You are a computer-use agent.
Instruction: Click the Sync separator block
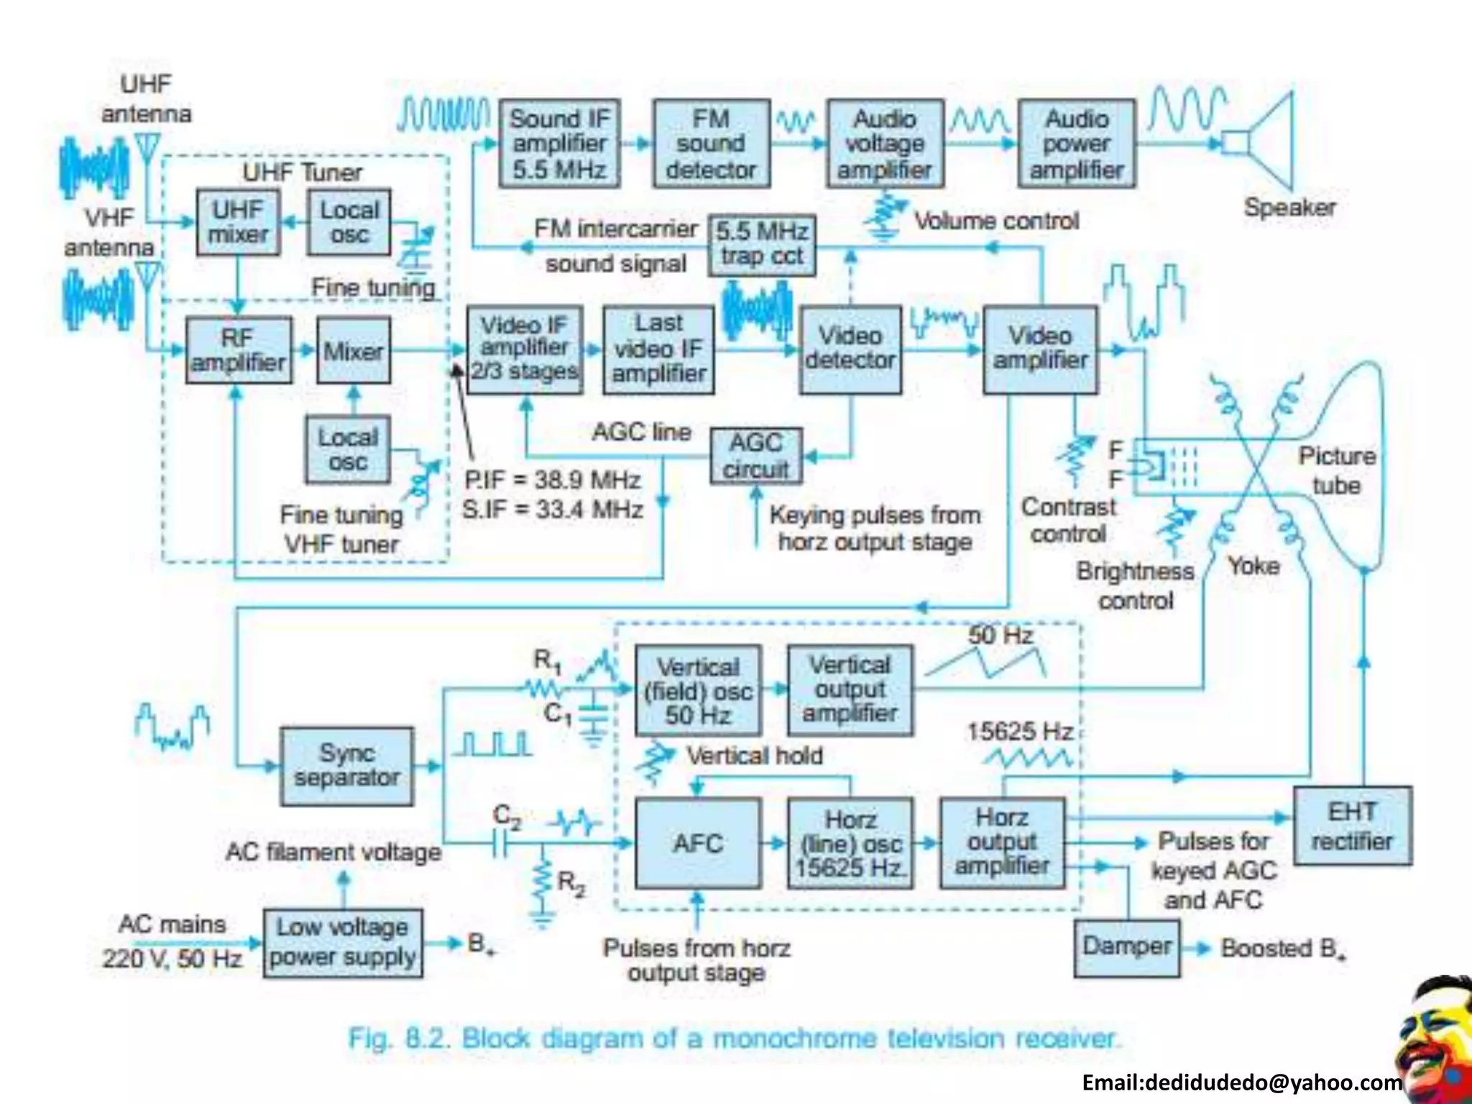(347, 765)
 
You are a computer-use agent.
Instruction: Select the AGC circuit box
(756, 456)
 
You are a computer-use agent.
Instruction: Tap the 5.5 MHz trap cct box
(762, 244)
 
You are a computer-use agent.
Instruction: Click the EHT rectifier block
(1352, 826)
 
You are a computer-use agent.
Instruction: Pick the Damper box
(1126, 947)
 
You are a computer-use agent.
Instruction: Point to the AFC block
(697, 843)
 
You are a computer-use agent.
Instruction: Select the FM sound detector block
(711, 144)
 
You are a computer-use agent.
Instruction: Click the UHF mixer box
(238, 222)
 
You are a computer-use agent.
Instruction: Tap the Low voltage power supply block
(343, 942)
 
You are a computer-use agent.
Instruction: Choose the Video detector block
(850, 349)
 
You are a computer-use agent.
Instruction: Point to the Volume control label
(996, 221)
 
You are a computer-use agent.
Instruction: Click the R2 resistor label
(571, 883)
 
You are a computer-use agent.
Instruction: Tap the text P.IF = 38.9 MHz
(552, 479)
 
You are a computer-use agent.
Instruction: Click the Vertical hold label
(754, 755)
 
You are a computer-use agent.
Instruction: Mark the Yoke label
(1253, 566)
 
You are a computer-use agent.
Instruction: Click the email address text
(1241, 1082)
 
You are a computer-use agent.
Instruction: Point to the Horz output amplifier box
(1002, 842)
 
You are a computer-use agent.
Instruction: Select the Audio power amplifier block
(1077, 144)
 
